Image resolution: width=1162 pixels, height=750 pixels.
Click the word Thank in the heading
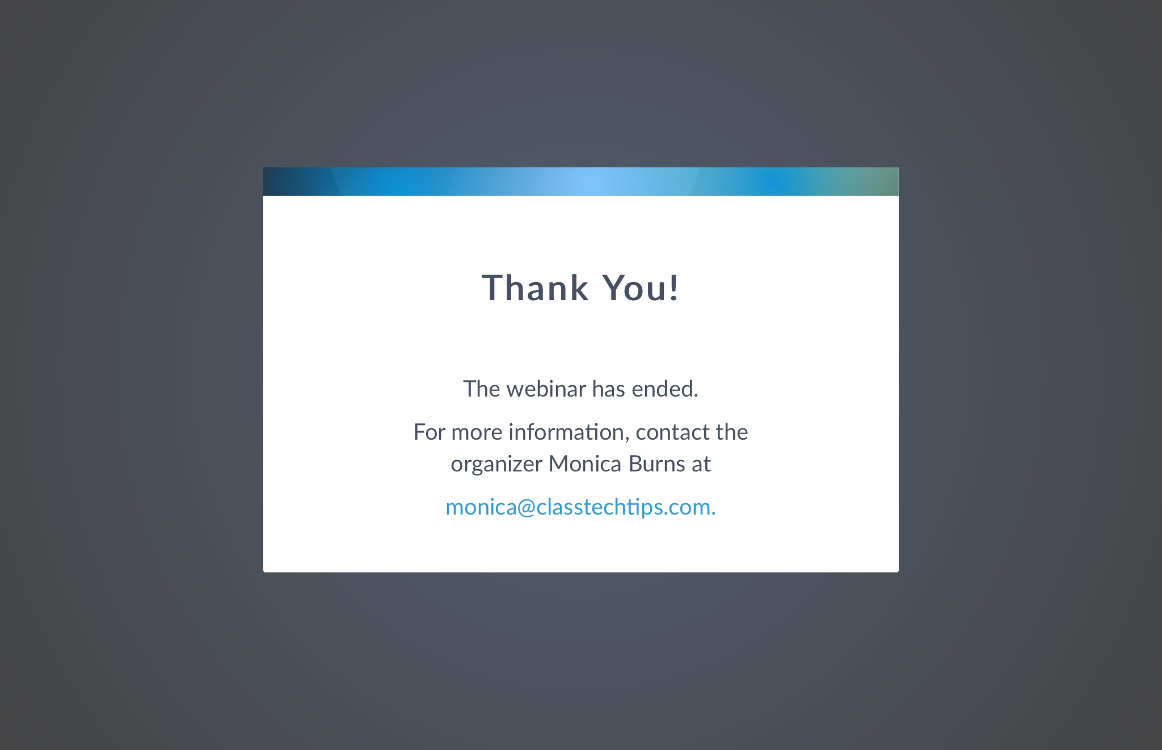tap(535, 288)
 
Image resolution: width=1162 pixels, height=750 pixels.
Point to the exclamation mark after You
tap(673, 288)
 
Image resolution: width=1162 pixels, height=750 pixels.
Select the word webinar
tap(546, 389)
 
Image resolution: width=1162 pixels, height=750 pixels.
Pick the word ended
tap(665, 389)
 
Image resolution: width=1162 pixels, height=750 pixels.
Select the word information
tap(569, 432)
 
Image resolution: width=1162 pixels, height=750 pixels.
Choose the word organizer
tap(497, 465)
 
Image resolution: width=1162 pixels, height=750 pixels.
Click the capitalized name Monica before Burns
tap(586, 464)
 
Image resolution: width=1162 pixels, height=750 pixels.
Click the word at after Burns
tap(701, 465)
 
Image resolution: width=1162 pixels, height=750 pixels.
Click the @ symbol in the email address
tap(526, 507)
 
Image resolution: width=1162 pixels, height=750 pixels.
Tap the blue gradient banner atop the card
tap(581, 182)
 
